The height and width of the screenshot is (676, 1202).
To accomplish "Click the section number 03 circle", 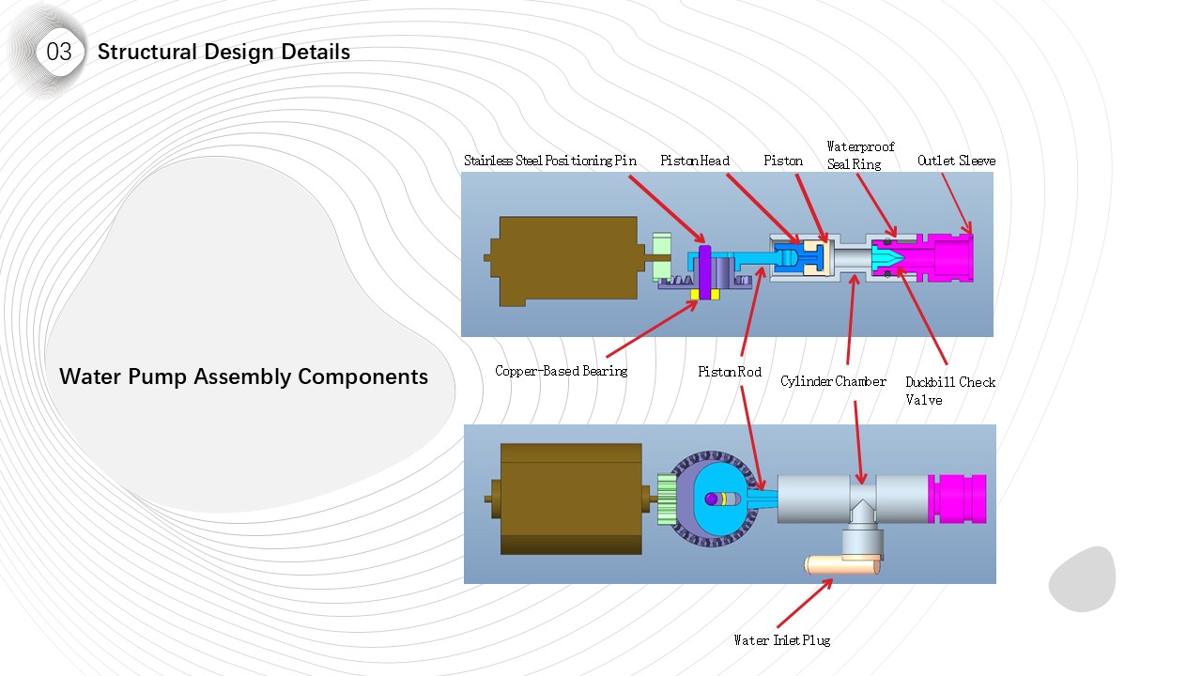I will [x=58, y=53].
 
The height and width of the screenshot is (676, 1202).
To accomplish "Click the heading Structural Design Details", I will [x=223, y=52].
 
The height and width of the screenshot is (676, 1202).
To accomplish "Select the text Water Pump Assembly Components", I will [x=243, y=376].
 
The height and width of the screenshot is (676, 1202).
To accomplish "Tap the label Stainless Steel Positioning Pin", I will [x=549, y=161].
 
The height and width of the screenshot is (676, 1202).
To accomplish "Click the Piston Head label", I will [x=695, y=161].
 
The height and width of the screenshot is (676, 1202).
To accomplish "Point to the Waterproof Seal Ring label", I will [x=859, y=155].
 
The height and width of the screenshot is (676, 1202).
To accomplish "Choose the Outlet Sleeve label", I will [x=956, y=161].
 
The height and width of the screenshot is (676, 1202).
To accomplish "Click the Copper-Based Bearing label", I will [x=561, y=371].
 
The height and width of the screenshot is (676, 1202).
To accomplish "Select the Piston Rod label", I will [x=730, y=372].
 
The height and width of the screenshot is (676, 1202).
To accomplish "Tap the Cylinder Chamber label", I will [x=833, y=381].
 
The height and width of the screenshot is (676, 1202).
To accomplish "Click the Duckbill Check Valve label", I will [x=949, y=391].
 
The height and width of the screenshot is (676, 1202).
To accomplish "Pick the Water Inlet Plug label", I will [x=781, y=640].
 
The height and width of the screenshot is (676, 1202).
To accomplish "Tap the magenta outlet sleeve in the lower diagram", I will [x=956, y=499].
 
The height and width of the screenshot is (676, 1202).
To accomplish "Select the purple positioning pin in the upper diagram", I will [x=704, y=268].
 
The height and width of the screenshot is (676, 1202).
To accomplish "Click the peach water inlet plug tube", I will [x=841, y=565].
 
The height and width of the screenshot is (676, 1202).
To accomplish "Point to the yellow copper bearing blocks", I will [x=705, y=295].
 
